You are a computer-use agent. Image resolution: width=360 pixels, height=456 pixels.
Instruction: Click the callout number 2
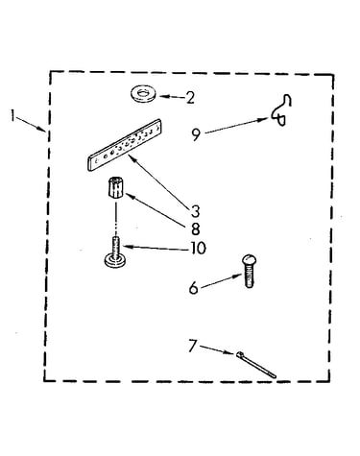click(x=190, y=98)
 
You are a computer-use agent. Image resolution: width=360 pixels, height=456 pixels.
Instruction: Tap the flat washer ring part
click(x=142, y=94)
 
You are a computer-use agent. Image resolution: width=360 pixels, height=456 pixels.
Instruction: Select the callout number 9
click(x=196, y=134)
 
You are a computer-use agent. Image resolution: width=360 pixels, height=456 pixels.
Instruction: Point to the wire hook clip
click(x=281, y=110)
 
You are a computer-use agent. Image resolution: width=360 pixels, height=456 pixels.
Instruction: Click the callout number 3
click(x=195, y=211)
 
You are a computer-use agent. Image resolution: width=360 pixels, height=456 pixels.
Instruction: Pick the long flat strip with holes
click(x=125, y=145)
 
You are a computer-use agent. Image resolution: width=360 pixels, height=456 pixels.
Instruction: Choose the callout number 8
click(x=195, y=228)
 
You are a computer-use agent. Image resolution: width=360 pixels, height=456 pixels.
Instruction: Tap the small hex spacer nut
click(x=115, y=188)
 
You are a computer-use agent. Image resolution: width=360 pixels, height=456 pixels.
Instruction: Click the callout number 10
click(x=199, y=248)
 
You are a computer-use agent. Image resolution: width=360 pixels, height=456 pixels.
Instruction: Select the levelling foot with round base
click(x=115, y=252)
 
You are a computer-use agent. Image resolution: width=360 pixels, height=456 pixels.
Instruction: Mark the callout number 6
click(x=194, y=288)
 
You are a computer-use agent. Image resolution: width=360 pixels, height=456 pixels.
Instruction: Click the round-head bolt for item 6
click(x=250, y=271)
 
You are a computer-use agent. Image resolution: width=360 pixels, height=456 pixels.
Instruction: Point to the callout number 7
click(x=192, y=346)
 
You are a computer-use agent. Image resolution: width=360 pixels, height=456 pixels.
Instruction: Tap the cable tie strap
click(x=256, y=365)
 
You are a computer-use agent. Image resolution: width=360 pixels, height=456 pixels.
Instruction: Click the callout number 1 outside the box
click(x=12, y=115)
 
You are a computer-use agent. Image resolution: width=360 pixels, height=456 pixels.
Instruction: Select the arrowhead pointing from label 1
click(x=42, y=129)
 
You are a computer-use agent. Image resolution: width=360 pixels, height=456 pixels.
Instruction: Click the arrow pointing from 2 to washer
click(x=172, y=96)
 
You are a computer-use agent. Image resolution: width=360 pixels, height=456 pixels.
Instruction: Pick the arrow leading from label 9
click(x=236, y=126)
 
